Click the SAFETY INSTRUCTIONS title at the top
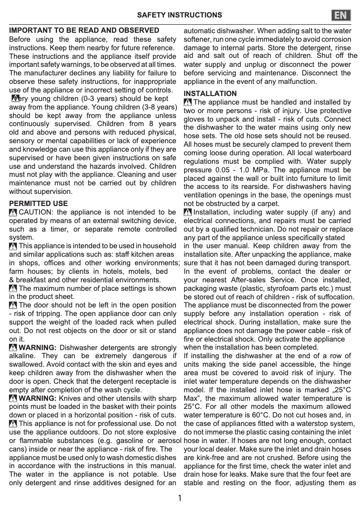tap(180, 15)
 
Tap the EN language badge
tap(341, 15)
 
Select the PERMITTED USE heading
tap(39, 203)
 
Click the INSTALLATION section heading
tap(210, 93)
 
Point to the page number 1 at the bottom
tap(180, 498)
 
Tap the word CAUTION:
tap(36, 212)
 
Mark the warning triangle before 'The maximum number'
tap(13, 289)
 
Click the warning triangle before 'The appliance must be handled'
tap(188, 102)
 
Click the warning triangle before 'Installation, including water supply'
tap(188, 212)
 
